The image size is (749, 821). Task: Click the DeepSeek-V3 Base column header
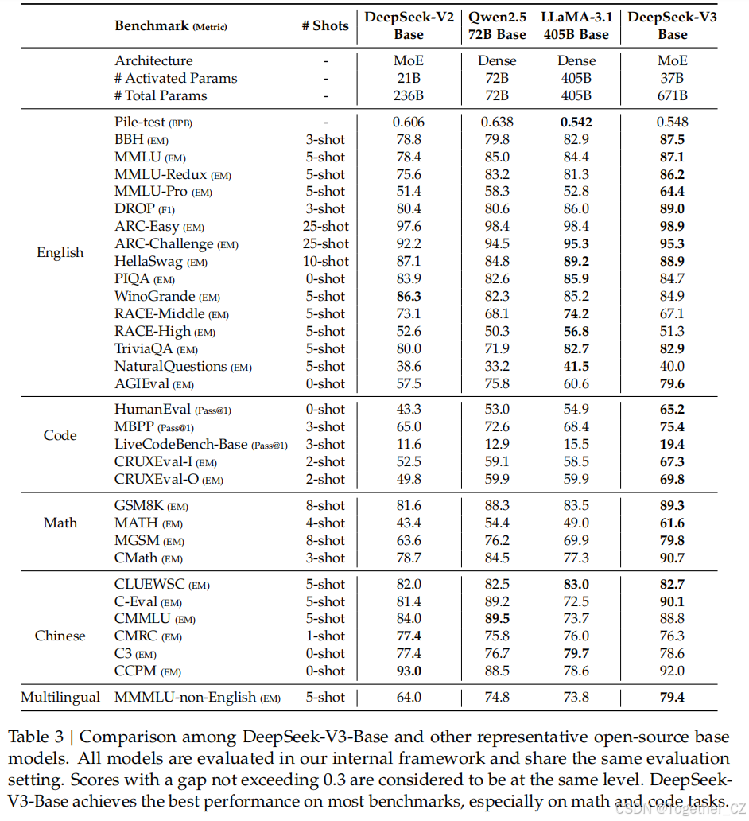point(672,25)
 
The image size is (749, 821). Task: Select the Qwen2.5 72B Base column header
point(497,25)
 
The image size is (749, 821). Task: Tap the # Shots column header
point(325,25)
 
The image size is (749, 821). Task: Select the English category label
point(60,253)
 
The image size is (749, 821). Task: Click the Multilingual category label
point(60,698)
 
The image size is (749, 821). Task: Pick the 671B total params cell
point(672,96)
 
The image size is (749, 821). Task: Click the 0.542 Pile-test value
point(576,123)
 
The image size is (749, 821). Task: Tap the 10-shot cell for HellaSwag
point(325,262)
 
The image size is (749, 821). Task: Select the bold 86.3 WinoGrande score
point(409,297)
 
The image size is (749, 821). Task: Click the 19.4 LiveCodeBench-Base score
point(672,445)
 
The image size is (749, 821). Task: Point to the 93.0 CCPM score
point(409,671)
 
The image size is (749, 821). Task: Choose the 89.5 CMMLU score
point(497,619)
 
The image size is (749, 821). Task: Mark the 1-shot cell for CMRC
point(325,636)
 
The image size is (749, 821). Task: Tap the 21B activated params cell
point(409,79)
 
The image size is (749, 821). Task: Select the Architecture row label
point(153,61)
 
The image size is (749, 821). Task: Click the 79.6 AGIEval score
point(672,384)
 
